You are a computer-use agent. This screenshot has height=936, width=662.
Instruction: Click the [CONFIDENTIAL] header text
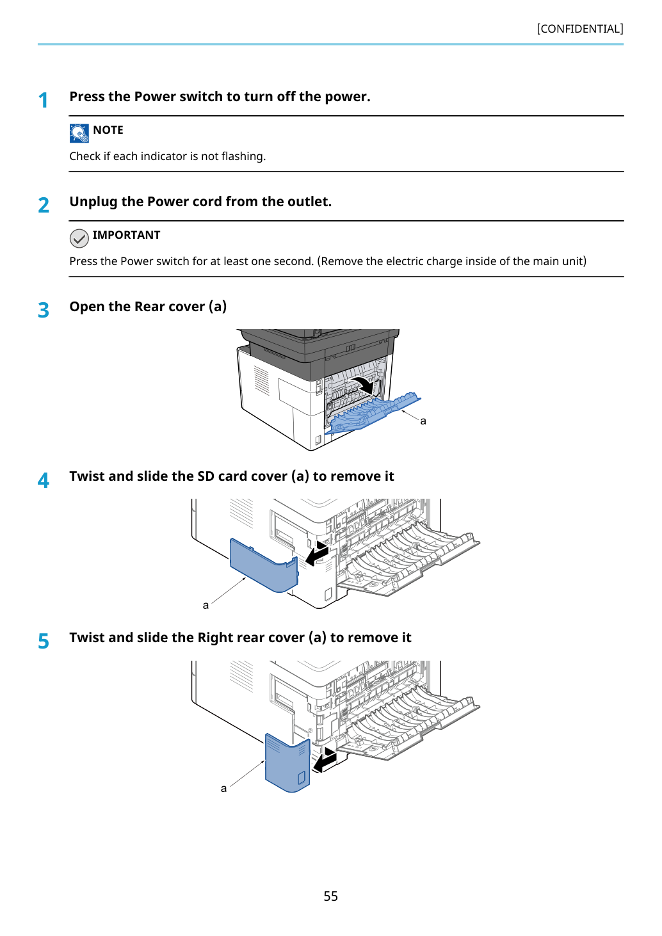tap(579, 29)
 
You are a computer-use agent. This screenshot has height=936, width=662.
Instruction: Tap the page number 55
tap(330, 896)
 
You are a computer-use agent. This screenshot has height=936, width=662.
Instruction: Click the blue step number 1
tap(43, 101)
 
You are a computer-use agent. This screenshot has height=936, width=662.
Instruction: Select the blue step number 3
tap(44, 310)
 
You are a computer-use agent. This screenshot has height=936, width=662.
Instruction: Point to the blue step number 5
tap(44, 641)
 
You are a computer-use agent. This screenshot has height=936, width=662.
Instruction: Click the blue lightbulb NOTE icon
tap(79, 133)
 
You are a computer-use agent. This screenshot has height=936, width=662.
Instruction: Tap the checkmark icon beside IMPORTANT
tap(79, 238)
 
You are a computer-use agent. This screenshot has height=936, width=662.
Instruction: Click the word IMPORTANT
tap(126, 235)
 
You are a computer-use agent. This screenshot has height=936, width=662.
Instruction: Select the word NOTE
tap(108, 130)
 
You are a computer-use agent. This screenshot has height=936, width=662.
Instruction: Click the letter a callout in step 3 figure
tap(423, 421)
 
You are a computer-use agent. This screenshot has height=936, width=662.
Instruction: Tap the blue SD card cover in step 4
tap(264, 565)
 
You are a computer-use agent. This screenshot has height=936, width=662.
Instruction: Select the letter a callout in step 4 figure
tap(206, 605)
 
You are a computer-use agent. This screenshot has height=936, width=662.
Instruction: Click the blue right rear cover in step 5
tap(287, 762)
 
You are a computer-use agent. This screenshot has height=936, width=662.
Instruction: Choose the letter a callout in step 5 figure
tap(223, 788)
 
